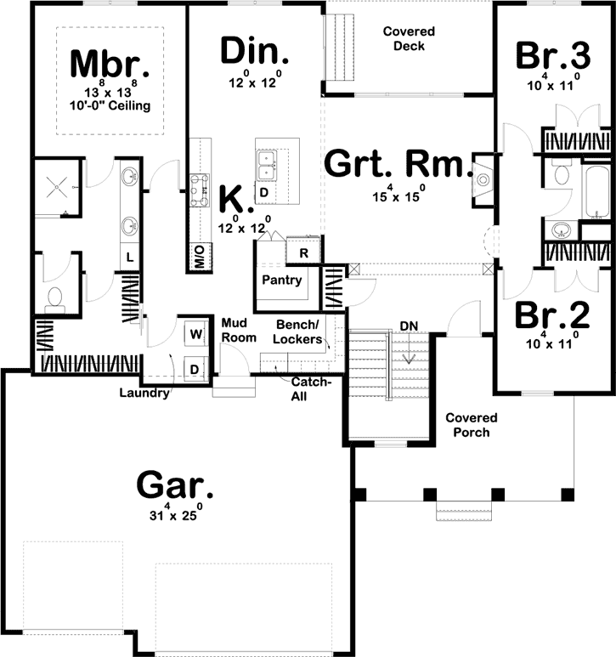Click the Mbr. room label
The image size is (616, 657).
tap(110, 64)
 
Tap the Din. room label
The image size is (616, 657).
tap(254, 51)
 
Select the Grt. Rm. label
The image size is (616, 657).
tap(398, 163)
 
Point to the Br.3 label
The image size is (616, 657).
tap(553, 55)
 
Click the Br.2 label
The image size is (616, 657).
tap(552, 314)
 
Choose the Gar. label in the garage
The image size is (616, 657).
tap(175, 486)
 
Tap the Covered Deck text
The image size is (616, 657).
tap(410, 38)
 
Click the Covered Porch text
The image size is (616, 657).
tap(472, 425)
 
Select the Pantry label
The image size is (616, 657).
tap(282, 280)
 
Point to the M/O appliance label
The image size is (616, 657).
tap(200, 257)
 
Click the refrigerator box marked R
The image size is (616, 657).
tap(303, 252)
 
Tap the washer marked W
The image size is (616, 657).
tap(195, 334)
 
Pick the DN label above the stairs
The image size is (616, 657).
tap(409, 326)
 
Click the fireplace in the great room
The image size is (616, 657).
tap(483, 180)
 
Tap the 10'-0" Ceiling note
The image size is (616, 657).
tap(110, 105)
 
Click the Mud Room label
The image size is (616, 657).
tap(239, 330)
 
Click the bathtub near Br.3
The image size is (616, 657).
tap(596, 192)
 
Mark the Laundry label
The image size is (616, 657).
tap(144, 393)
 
